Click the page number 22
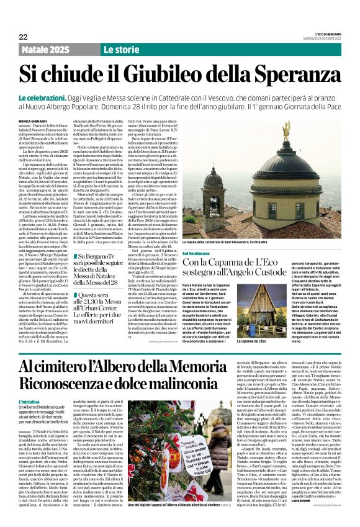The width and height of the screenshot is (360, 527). [24, 37]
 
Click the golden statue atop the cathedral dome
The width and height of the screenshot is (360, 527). [287, 132]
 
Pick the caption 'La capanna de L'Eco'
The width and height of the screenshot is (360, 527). [265, 341]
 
